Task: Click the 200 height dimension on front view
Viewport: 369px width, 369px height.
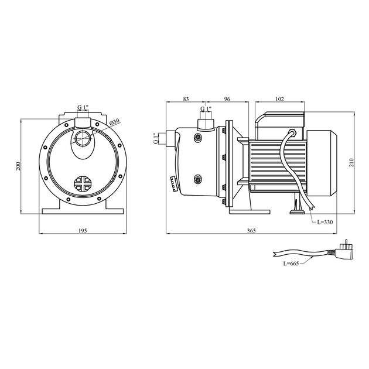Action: tap(19, 166)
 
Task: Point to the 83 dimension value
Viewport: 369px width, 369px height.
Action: tap(186, 99)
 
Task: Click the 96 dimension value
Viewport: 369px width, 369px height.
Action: tap(227, 99)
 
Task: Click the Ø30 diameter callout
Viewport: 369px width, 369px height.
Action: tap(114, 121)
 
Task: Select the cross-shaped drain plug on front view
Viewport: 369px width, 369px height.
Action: tap(83, 183)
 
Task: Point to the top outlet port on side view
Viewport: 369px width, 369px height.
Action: tap(205, 122)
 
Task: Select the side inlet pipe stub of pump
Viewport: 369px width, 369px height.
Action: tap(170, 139)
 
